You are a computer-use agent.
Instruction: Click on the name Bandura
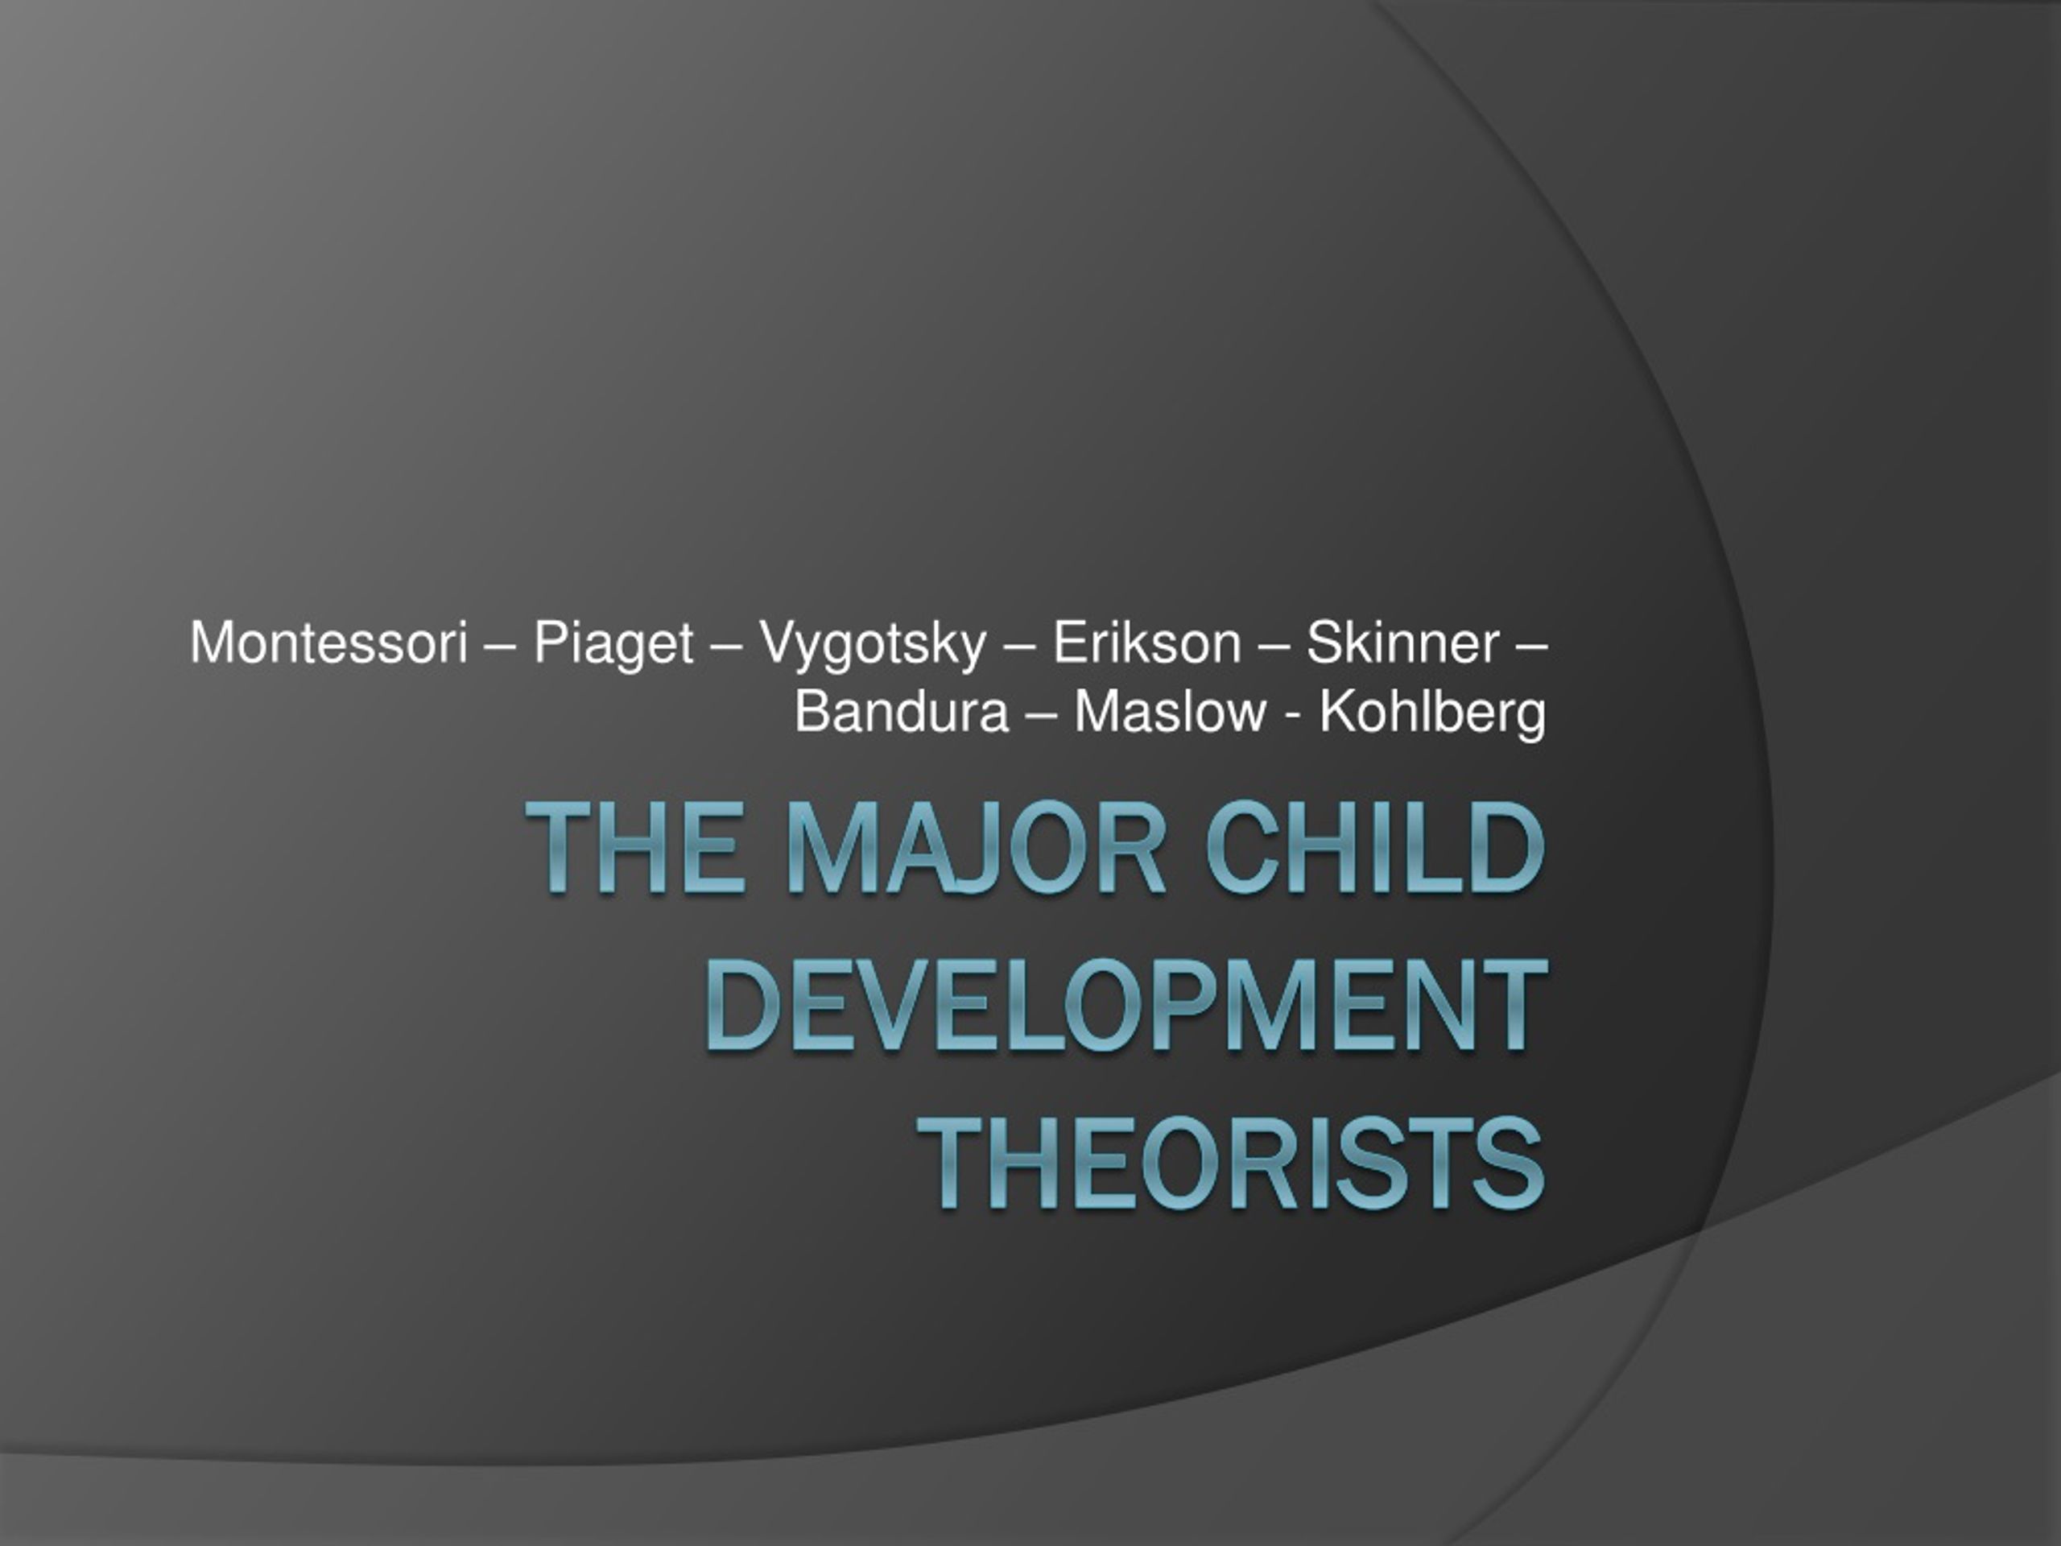[x=902, y=713]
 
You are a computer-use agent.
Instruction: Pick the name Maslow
[x=1171, y=713]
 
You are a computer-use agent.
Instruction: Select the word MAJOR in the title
[x=977, y=848]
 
